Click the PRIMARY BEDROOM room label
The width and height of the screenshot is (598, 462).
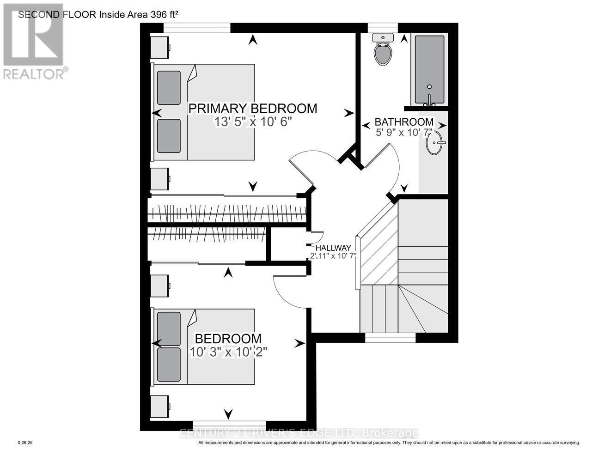[253, 109]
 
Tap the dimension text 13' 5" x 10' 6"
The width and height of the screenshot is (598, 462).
[253, 122]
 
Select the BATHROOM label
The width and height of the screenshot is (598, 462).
[404, 122]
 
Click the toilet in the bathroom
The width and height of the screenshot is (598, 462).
[383, 50]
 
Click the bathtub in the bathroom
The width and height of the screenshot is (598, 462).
[429, 69]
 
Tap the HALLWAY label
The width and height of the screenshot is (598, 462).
[333, 248]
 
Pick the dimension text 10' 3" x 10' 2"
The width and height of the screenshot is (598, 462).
[229, 352]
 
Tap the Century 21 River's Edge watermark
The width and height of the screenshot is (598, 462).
[298, 433]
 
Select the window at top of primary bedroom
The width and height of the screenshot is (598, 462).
[197, 28]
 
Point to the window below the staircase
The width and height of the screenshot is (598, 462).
[391, 338]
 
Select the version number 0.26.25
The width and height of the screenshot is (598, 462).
[26, 443]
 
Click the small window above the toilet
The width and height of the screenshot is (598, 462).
[383, 28]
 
